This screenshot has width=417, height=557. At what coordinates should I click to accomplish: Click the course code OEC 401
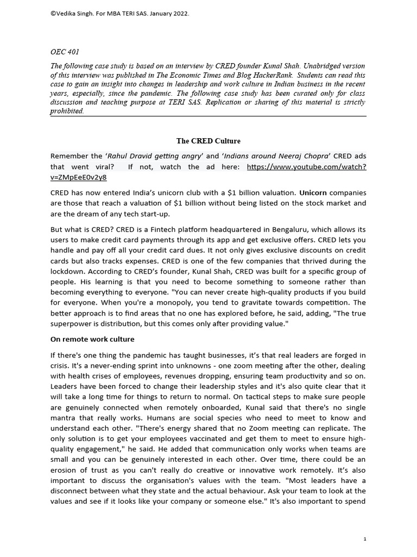pos(64,52)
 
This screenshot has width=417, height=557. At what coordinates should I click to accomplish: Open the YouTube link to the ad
pos(306,167)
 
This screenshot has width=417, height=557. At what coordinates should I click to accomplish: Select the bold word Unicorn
pos(313,193)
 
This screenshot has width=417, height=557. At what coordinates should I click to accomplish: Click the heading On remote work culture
pos(92,339)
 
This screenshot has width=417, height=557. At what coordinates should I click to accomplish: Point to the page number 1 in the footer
pos(365,539)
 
